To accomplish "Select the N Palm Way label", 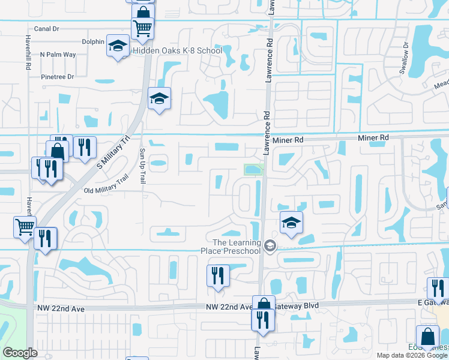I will (58, 55).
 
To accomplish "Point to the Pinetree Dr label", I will (57, 77).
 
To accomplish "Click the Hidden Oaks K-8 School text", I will (177, 51).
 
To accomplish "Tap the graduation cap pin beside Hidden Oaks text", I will (118, 46).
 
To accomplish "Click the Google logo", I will (20, 353).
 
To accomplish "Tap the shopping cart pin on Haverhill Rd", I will (25, 227).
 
